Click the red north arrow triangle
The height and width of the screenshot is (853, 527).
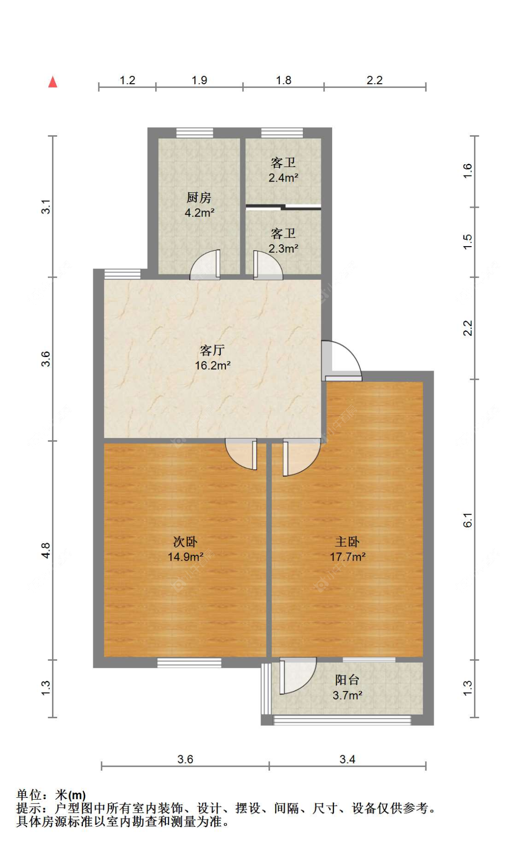click(x=52, y=82)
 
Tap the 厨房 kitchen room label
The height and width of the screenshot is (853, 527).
click(x=199, y=197)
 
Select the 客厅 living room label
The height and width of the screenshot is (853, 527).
click(x=212, y=350)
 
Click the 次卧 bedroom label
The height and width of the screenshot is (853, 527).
click(x=186, y=541)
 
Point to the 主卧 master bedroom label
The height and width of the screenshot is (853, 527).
click(x=347, y=541)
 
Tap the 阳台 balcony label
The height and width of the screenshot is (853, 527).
click(x=347, y=680)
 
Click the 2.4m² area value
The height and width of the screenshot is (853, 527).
click(x=283, y=178)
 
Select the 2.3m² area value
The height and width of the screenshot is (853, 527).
click(x=283, y=248)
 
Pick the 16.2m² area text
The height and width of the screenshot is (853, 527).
click(x=213, y=365)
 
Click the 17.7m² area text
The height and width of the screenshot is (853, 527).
click(x=348, y=557)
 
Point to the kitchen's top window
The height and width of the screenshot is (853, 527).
click(x=194, y=132)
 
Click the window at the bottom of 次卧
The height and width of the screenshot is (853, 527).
click(x=189, y=662)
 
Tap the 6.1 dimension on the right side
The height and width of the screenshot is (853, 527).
click(x=468, y=520)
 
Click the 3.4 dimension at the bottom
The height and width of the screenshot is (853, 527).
click(x=347, y=759)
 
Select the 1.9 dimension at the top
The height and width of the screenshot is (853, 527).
click(x=199, y=80)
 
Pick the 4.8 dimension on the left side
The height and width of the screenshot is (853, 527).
click(x=45, y=550)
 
